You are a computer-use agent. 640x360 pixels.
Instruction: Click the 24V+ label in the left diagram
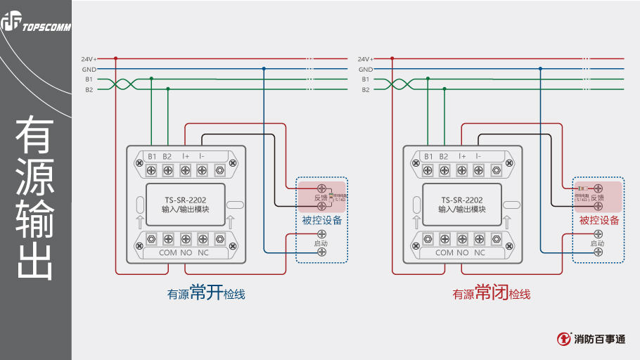click(x=89, y=59)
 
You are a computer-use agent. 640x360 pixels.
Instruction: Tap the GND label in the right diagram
click(x=365, y=70)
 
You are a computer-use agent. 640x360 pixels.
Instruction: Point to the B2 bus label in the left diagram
click(x=89, y=89)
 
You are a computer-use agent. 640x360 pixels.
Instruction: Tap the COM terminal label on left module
click(x=168, y=252)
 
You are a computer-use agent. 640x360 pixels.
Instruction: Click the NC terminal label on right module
click(x=480, y=252)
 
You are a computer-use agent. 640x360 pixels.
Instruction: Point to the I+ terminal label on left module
click(x=186, y=156)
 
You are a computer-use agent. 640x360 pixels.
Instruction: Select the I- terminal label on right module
click(x=478, y=156)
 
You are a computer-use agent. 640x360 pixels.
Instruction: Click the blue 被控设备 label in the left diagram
click(x=322, y=220)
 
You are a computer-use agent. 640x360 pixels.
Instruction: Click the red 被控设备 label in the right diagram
click(x=599, y=220)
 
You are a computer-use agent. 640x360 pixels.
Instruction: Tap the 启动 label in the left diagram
click(x=321, y=243)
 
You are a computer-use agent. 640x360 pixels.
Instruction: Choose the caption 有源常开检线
click(x=205, y=293)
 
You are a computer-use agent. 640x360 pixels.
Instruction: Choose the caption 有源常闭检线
click(x=491, y=293)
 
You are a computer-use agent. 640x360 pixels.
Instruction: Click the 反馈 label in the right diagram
click(x=597, y=198)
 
